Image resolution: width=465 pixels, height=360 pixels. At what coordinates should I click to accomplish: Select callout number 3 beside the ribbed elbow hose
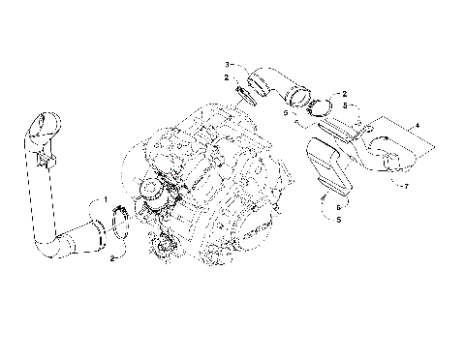(x=227, y=61)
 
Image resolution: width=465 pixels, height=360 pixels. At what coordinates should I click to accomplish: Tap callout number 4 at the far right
(x=418, y=126)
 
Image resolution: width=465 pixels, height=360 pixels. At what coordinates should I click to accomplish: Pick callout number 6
(x=338, y=205)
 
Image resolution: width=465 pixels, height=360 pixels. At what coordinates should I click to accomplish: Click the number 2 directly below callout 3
(x=226, y=76)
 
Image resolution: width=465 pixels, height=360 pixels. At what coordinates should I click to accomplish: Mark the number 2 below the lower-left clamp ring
(x=113, y=259)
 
